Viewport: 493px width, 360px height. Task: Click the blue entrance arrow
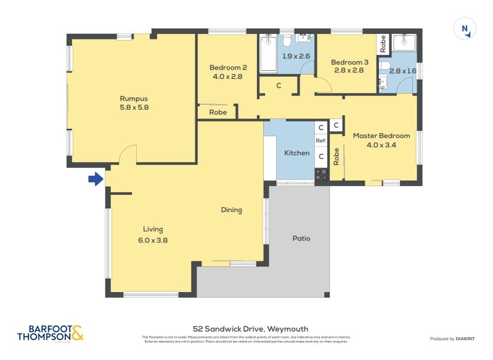pos(95,179)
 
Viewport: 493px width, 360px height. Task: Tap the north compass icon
pos(465,30)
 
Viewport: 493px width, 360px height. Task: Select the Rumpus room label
pos(134,98)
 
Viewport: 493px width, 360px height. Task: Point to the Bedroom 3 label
pos(349,62)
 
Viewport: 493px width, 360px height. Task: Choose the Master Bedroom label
pos(381,136)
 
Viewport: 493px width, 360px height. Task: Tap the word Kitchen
pos(296,153)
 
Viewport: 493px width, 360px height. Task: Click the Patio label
pos(301,238)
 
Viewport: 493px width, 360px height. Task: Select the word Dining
pos(231,210)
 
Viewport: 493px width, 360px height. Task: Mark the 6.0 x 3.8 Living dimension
pos(153,240)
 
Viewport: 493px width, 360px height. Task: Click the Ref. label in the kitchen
pos(320,141)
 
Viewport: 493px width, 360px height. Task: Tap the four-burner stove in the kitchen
pos(321,174)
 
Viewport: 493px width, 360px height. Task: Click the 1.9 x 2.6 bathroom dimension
pos(296,56)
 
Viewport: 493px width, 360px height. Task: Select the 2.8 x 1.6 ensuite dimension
pos(403,72)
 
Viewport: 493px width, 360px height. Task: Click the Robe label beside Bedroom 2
pos(218,113)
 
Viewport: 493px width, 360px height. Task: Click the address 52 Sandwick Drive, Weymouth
pos(246,329)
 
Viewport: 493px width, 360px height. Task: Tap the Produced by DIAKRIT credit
pos(452,339)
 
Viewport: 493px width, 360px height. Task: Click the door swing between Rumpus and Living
pos(128,154)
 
